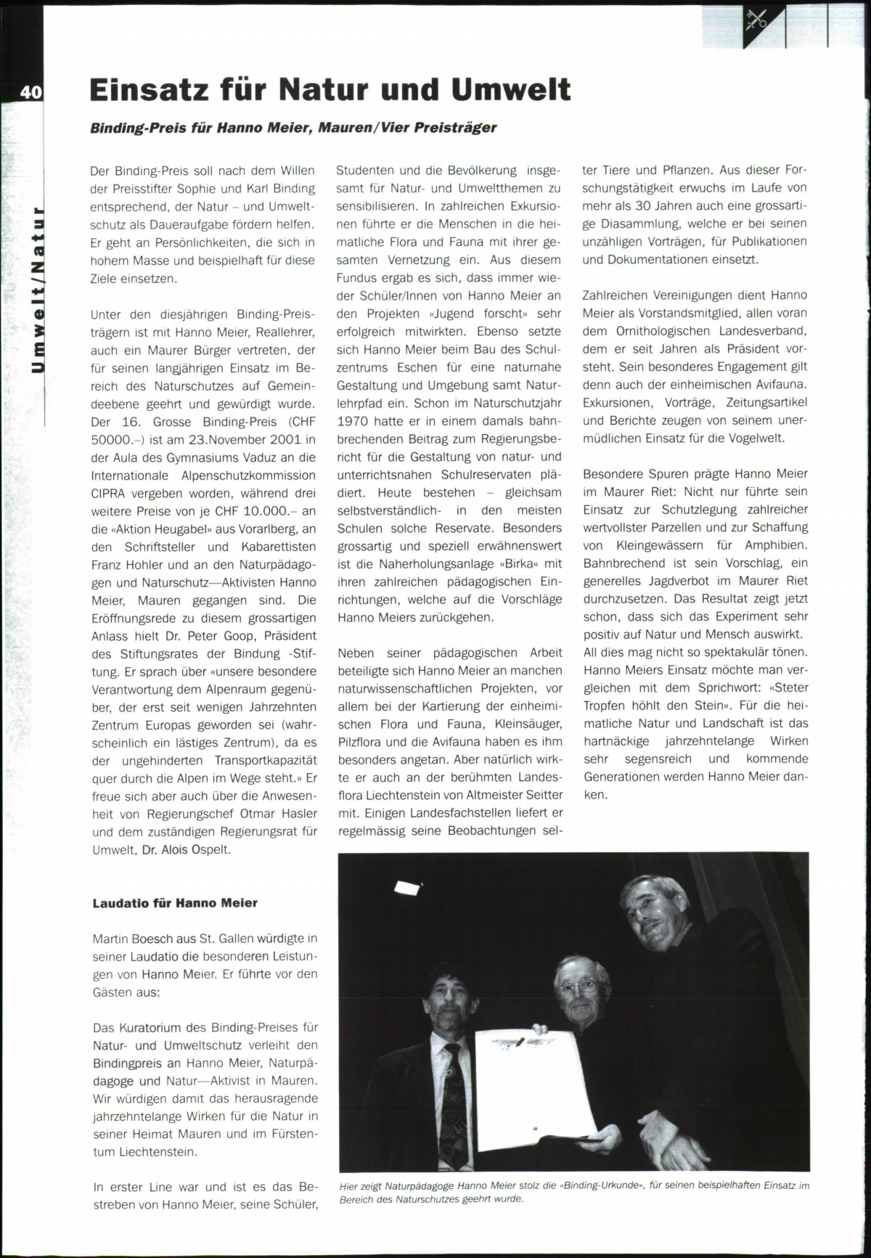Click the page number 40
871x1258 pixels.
click(30, 92)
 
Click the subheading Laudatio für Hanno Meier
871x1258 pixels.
click(175, 903)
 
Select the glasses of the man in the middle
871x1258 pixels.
click(576, 984)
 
